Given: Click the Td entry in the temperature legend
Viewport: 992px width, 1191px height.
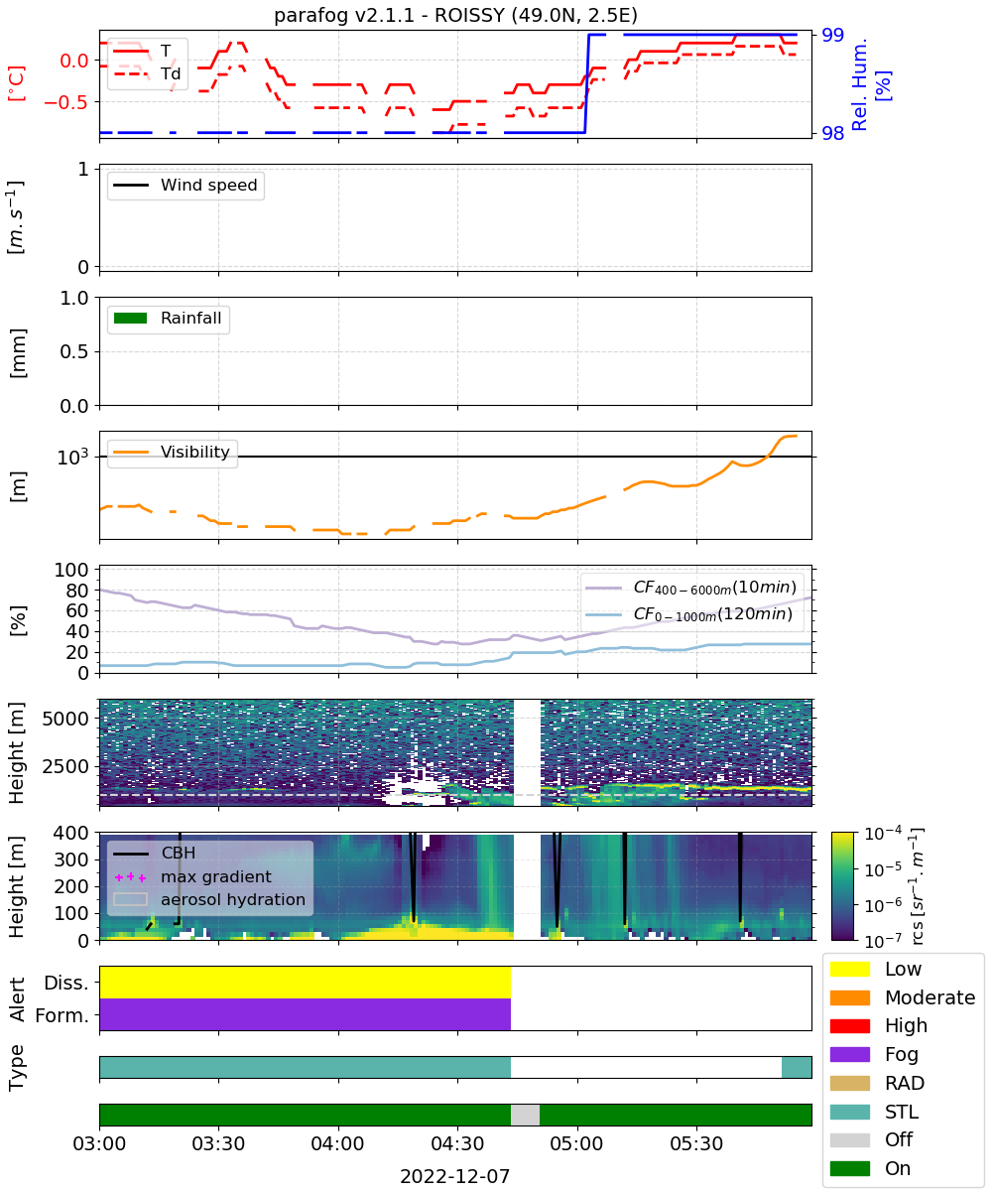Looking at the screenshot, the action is point(147,73).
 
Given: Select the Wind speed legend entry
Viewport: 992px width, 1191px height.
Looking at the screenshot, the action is point(186,185).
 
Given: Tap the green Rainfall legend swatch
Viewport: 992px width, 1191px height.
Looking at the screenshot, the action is point(131,318).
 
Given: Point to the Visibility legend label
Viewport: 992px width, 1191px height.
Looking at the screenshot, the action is point(195,452).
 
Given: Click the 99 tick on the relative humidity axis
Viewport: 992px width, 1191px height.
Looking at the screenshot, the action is point(832,35).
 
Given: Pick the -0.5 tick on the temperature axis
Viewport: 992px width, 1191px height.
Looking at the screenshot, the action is point(66,102).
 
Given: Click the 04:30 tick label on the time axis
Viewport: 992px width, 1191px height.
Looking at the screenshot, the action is point(457,1143).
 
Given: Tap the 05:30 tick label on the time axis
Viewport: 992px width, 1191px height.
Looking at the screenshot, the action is point(696,1143).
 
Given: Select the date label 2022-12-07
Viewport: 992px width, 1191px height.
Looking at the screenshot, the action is point(455,1176).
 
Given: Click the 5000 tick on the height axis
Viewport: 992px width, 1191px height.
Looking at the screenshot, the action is point(65,719).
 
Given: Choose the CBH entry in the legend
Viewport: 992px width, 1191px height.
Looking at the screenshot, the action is point(155,853).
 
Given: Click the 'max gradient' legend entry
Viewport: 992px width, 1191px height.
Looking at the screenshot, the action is point(192,876).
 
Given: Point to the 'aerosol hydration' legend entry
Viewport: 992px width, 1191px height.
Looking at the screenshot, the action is point(209,899).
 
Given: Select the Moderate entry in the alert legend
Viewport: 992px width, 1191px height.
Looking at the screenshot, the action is point(903,997).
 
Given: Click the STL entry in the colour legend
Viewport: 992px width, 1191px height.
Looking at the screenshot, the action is point(875,1112).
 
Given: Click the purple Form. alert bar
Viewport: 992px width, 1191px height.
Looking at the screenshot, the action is point(305,1014).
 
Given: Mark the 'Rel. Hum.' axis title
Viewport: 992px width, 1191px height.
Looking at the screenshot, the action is point(859,84).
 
